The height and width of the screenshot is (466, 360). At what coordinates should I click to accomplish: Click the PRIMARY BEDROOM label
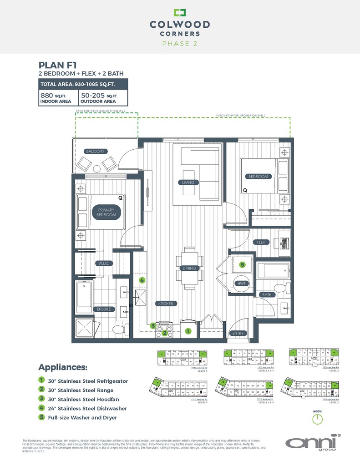[x=106, y=212]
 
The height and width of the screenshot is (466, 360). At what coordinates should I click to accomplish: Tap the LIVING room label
[x=188, y=182]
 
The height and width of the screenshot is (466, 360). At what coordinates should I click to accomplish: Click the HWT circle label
[x=242, y=283]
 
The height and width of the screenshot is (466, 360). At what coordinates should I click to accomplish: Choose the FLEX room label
[x=261, y=242]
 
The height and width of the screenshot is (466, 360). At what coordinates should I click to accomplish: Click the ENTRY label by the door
[x=238, y=333]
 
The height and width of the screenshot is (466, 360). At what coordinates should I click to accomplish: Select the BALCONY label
[x=96, y=151]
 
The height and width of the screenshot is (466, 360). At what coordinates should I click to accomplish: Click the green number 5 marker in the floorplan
[x=243, y=264]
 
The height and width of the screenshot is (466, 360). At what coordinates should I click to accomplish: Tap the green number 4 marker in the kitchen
[x=142, y=280]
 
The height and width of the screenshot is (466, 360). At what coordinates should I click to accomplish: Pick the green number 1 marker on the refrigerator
[x=188, y=331]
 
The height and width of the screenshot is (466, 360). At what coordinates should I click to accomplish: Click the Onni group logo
[x=314, y=443]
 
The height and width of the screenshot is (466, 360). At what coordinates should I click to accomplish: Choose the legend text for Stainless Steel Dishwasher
[x=86, y=408]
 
